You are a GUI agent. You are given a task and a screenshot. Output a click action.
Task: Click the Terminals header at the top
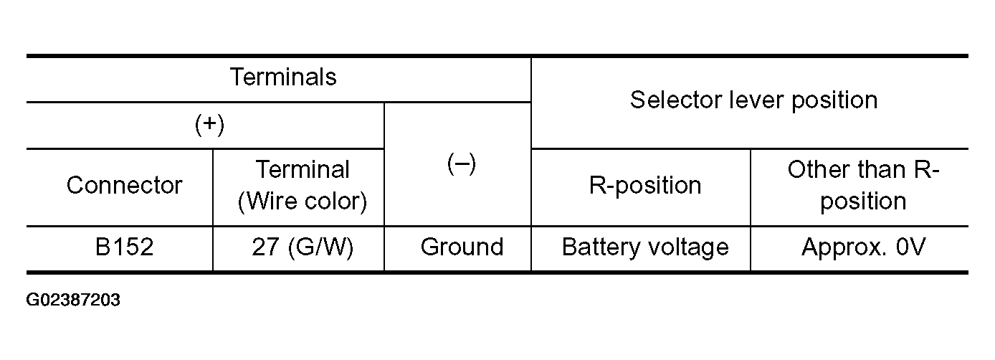(x=283, y=77)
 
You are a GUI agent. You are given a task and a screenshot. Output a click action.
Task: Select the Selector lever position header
(x=754, y=100)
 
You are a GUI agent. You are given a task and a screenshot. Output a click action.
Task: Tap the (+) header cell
(x=209, y=125)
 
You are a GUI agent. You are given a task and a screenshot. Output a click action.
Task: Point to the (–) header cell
(x=462, y=164)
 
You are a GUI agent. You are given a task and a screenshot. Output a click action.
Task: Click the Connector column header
(x=125, y=185)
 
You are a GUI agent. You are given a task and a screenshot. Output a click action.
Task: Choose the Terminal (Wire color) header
(x=303, y=185)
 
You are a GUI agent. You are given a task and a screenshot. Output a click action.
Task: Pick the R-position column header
(x=645, y=185)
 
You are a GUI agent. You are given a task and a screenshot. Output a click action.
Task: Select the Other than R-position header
(x=863, y=185)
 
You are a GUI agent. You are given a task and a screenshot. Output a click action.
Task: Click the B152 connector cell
(x=125, y=247)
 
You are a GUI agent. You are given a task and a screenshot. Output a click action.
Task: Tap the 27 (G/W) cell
(x=303, y=247)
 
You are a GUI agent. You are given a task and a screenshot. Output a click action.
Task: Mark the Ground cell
(x=462, y=247)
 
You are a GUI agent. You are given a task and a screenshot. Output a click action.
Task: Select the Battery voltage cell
(x=645, y=247)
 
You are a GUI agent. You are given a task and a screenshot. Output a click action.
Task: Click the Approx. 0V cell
(x=863, y=247)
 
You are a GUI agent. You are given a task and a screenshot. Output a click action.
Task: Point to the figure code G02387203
(x=73, y=300)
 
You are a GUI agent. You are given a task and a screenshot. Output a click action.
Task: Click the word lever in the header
(x=757, y=100)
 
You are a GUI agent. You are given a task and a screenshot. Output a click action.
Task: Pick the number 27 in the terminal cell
(x=265, y=247)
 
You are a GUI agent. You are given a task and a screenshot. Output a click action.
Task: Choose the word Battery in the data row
(x=601, y=248)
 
